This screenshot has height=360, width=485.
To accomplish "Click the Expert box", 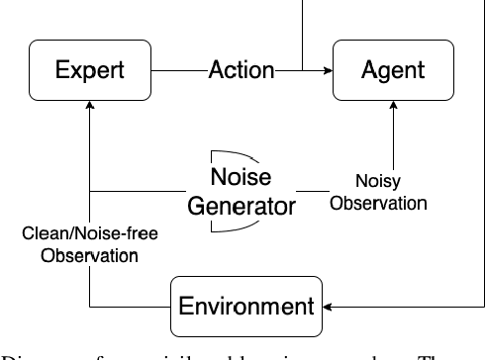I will pos(90,70).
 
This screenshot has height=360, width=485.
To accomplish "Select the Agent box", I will pos(394,70).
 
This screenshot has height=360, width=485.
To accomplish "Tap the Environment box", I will pos(245,305).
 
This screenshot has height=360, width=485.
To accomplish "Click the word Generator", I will pos(242,207).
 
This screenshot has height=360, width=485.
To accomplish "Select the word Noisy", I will pos(379,184).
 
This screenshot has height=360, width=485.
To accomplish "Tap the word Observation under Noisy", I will pos(379,204).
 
